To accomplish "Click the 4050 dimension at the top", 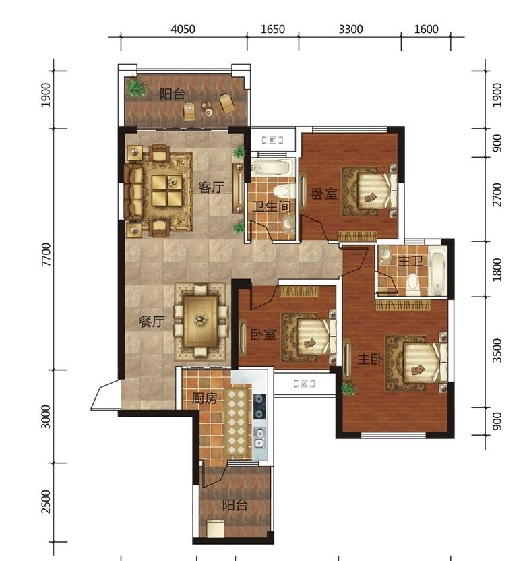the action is [x=183, y=28].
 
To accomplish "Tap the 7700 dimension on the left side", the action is [x=46, y=254].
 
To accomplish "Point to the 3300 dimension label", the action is [x=350, y=28].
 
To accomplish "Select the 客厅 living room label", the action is [x=212, y=187].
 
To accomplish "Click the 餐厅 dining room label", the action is [x=152, y=321].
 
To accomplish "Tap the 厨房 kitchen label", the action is [x=204, y=398].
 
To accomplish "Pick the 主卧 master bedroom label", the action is [x=370, y=359].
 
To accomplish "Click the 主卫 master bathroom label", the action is [x=410, y=261].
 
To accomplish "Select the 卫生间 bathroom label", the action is [x=271, y=206].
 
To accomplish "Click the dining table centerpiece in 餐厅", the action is [x=201, y=319].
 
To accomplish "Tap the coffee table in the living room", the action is [x=166, y=190].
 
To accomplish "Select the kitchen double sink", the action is [x=259, y=438].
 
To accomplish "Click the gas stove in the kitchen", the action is [x=259, y=407].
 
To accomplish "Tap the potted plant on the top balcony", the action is [x=136, y=86].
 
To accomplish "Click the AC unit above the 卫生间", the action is [x=272, y=140].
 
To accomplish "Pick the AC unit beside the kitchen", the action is [x=304, y=384].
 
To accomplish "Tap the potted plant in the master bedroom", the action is [x=347, y=388].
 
